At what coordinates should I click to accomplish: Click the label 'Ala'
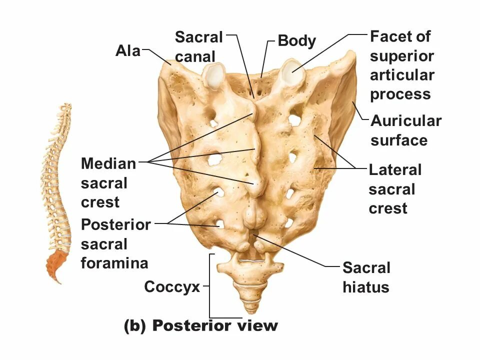tap(128, 50)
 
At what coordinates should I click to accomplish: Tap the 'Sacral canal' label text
tap(198, 46)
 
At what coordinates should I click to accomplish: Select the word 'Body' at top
tap(296, 41)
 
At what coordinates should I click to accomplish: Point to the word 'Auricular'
tap(405, 121)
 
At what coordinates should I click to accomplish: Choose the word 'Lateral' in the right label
tap(395, 170)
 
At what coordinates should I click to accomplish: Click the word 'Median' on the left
tap(108, 163)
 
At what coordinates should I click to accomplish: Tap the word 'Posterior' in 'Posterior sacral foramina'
tap(116, 225)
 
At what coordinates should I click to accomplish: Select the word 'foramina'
tap(114, 263)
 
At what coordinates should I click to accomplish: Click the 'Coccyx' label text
tap(172, 287)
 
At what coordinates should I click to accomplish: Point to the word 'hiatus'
tap(365, 287)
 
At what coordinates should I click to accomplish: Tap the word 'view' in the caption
tap(257, 326)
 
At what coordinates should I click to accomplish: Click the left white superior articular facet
tap(213, 75)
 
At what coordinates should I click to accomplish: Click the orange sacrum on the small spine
tap(56, 263)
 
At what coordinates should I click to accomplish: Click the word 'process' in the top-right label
tap(400, 94)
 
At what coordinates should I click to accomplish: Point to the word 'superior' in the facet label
tap(401, 56)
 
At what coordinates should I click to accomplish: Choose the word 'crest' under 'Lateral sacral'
tap(387, 208)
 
